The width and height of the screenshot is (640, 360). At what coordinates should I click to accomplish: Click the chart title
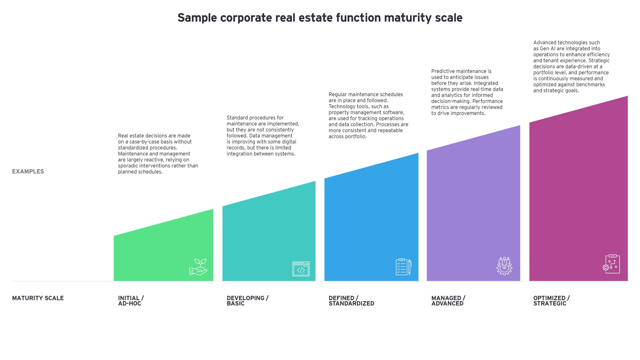[x=320, y=18]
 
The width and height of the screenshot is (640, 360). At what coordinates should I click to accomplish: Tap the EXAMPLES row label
[x=28, y=171]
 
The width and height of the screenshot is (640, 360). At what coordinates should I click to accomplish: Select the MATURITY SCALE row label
[x=38, y=298]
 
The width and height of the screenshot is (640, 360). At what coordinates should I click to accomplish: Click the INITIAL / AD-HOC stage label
[x=131, y=301]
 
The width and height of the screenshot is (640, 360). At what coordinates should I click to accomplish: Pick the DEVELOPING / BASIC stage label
[x=247, y=301]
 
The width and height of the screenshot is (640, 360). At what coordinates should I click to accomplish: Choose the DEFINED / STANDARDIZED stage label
[x=351, y=301]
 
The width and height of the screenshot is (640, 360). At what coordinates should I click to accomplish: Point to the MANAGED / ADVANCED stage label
[x=448, y=301]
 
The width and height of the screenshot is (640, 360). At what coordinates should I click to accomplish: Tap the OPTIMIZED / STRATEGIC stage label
[x=551, y=301]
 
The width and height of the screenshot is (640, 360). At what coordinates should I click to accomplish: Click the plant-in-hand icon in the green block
[x=198, y=267]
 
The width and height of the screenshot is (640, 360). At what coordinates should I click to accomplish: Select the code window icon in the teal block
[x=301, y=269]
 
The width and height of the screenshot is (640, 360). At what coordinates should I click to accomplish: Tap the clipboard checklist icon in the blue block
[x=403, y=267]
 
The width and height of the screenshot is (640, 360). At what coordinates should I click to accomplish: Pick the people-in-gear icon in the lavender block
[x=504, y=266]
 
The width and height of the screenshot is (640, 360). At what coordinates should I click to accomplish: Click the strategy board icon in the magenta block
[x=611, y=264]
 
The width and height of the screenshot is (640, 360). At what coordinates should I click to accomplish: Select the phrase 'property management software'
[x=367, y=112]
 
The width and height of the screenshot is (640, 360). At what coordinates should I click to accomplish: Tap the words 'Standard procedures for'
[x=255, y=118]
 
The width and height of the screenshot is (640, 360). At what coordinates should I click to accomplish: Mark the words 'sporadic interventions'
[x=145, y=166]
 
